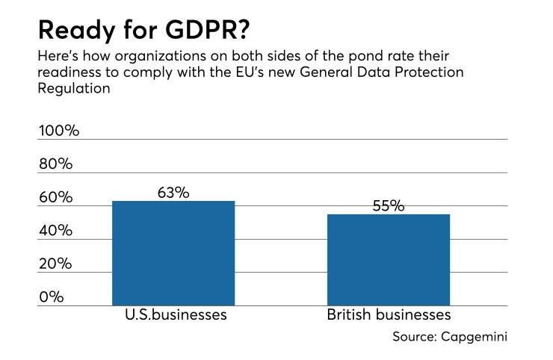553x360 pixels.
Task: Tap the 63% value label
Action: (173, 192)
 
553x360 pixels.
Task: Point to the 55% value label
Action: (389, 206)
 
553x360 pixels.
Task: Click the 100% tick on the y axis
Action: (58, 131)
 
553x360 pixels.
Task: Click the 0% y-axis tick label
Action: (51, 297)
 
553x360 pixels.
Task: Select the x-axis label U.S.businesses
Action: (173, 314)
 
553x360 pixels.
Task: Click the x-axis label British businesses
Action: (389, 314)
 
